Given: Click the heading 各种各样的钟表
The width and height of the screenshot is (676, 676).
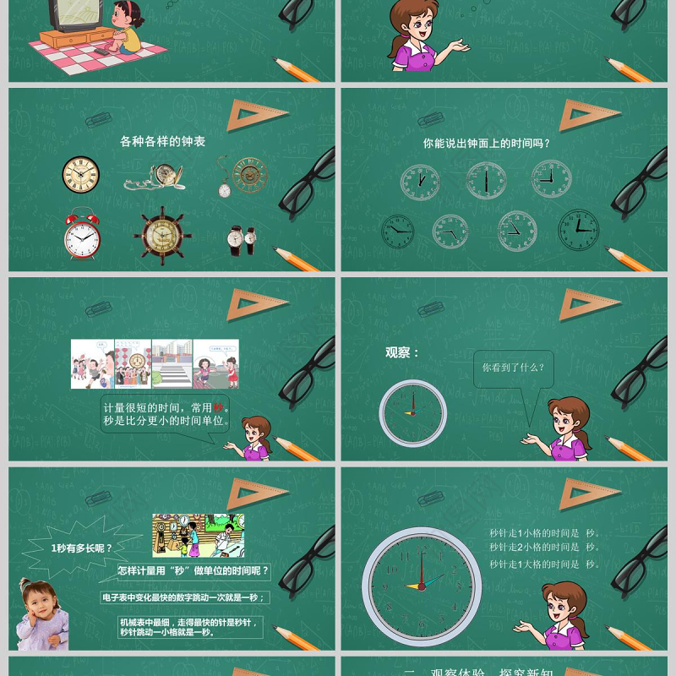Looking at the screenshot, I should (162, 142).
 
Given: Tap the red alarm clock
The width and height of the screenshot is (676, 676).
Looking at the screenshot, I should (82, 234).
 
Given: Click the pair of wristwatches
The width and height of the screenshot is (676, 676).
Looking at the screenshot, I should (241, 239).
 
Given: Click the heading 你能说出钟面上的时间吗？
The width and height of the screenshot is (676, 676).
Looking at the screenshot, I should (487, 144).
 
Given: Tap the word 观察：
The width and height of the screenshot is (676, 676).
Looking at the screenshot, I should (402, 352).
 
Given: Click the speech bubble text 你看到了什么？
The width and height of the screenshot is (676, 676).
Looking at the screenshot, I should (513, 368).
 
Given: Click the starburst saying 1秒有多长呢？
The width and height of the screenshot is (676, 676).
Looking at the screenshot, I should (81, 548).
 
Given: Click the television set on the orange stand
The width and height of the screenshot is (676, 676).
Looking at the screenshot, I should (71, 16).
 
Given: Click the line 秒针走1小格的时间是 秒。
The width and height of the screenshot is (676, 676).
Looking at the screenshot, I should (544, 533).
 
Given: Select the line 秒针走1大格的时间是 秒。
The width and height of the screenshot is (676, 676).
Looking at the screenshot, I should (544, 564).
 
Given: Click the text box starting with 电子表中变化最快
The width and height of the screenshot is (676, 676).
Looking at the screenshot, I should (184, 597).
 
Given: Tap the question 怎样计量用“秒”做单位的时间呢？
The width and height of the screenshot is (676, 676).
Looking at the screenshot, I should (194, 571).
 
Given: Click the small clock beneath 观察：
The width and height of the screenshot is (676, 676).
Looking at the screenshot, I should (412, 412).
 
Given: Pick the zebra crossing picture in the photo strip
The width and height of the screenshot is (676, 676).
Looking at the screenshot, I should (172, 364).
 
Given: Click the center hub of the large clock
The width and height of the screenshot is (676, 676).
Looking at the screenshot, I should (421, 586).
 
